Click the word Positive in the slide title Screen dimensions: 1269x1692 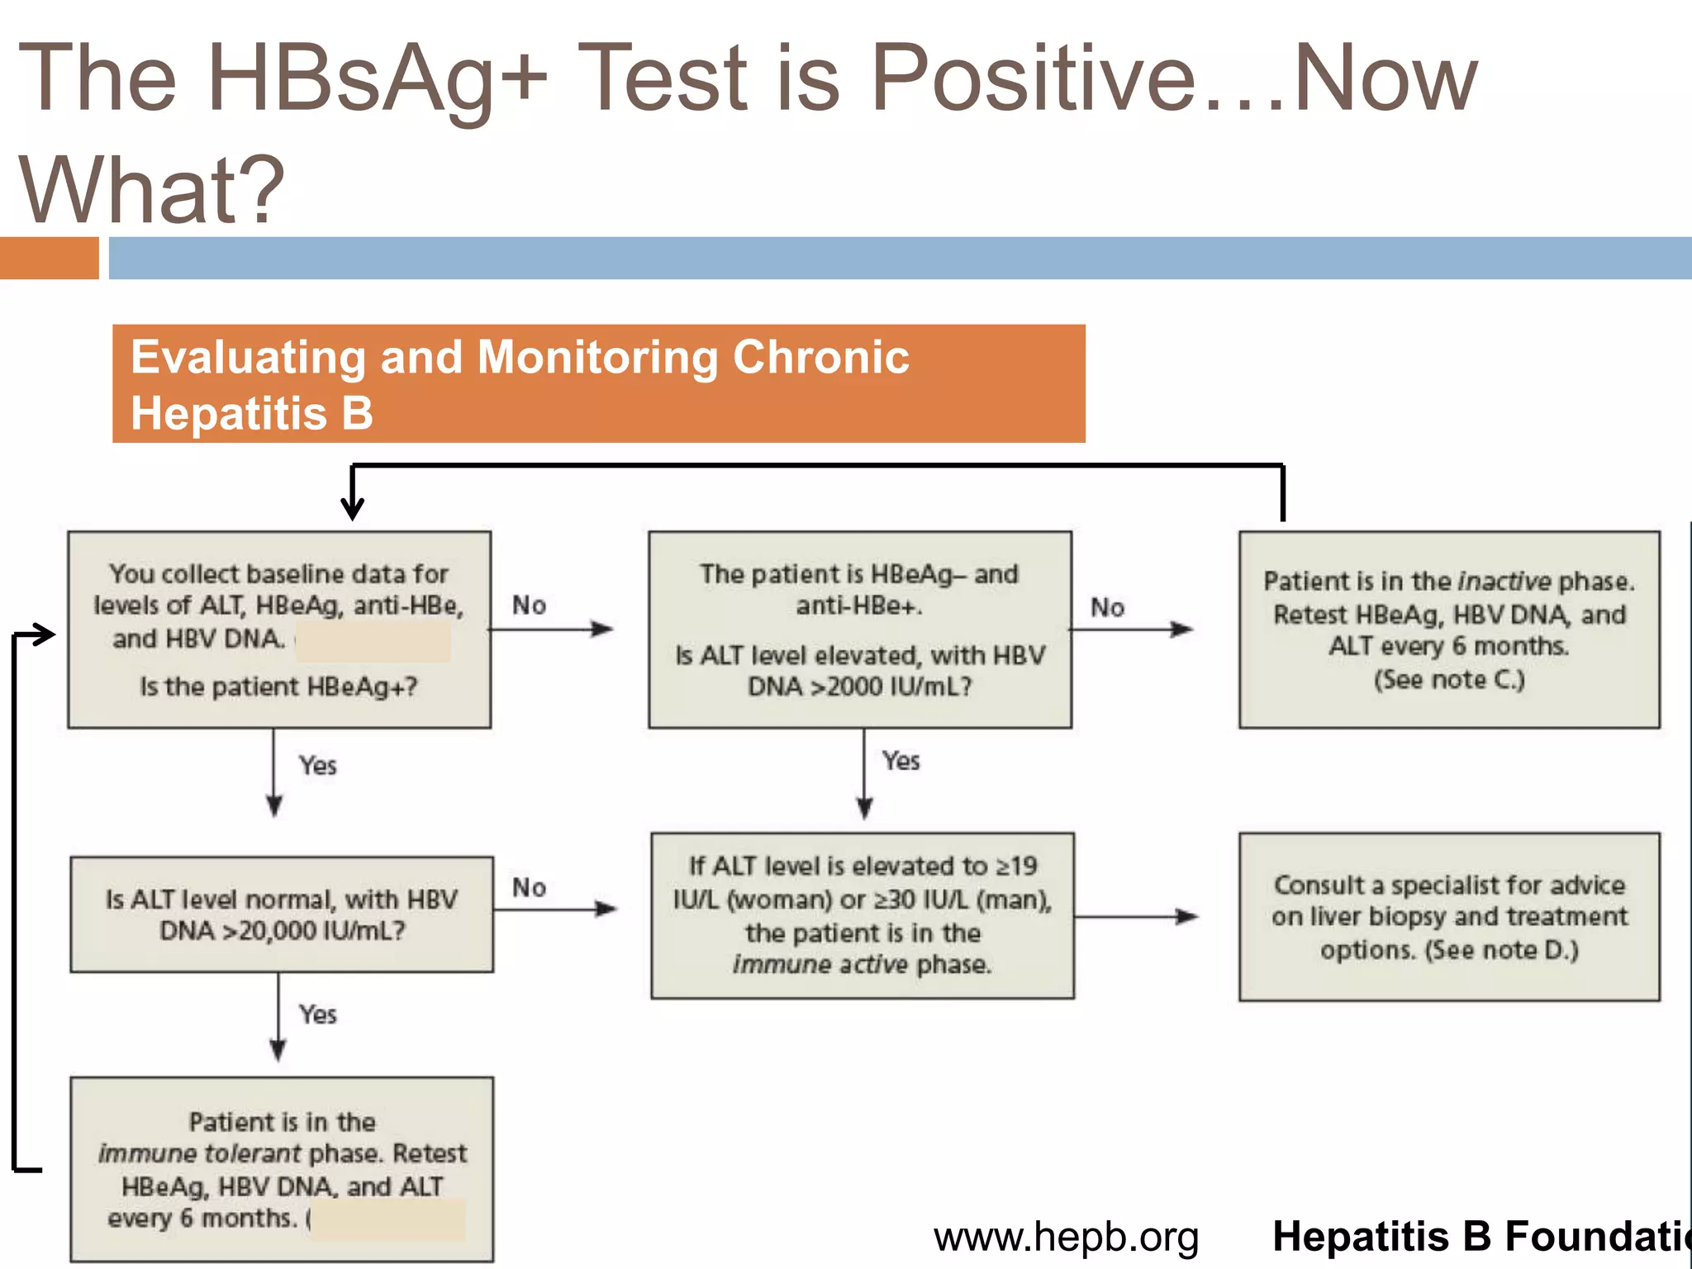click(x=1033, y=78)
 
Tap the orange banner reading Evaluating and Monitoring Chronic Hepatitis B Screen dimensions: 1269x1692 click(x=598, y=384)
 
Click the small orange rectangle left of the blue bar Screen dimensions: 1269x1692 click(x=49, y=258)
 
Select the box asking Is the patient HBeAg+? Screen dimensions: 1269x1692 click(x=279, y=630)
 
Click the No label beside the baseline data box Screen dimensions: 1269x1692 click(x=529, y=606)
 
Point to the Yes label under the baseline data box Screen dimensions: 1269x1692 click(x=318, y=766)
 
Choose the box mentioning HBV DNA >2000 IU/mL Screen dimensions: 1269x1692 click(x=860, y=630)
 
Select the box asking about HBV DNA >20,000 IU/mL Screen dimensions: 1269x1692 click(x=282, y=915)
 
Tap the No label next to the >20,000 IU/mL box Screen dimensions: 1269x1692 click(x=529, y=888)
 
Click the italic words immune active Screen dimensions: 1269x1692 click(x=820, y=965)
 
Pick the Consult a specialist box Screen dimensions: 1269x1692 click(x=1449, y=917)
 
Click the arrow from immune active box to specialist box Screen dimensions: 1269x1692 click(x=1136, y=916)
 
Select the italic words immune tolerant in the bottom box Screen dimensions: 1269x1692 click(x=200, y=1153)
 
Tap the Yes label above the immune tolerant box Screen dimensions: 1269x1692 click(x=318, y=1015)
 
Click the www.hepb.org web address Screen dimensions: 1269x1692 click(x=1066, y=1238)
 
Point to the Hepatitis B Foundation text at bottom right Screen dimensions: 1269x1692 click(x=1479, y=1238)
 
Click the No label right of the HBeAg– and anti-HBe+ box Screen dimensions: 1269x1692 click(x=1107, y=608)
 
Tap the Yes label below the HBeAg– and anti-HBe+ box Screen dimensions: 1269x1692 click(x=901, y=761)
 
